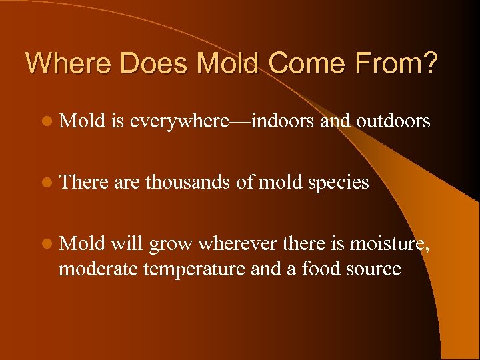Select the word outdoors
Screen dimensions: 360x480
pyautogui.click(x=393, y=121)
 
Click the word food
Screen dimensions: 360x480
pyautogui.click(x=323, y=269)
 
